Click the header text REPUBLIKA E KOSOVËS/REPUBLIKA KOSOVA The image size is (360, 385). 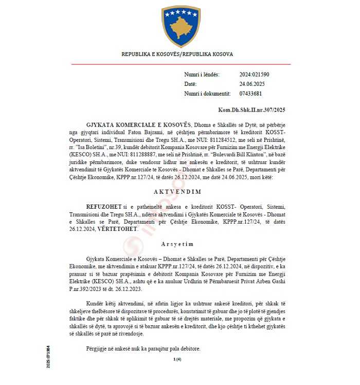pyautogui.click(x=177, y=54)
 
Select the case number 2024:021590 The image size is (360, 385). pyautogui.click(x=254, y=75)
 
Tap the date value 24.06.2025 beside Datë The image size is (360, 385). pyautogui.click(x=251, y=84)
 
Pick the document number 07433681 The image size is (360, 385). pyautogui.click(x=250, y=94)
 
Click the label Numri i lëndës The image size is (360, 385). pyautogui.click(x=202, y=75)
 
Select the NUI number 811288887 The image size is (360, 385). pyautogui.click(x=171, y=151)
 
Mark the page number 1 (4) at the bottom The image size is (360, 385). pyautogui.click(x=177, y=359)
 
